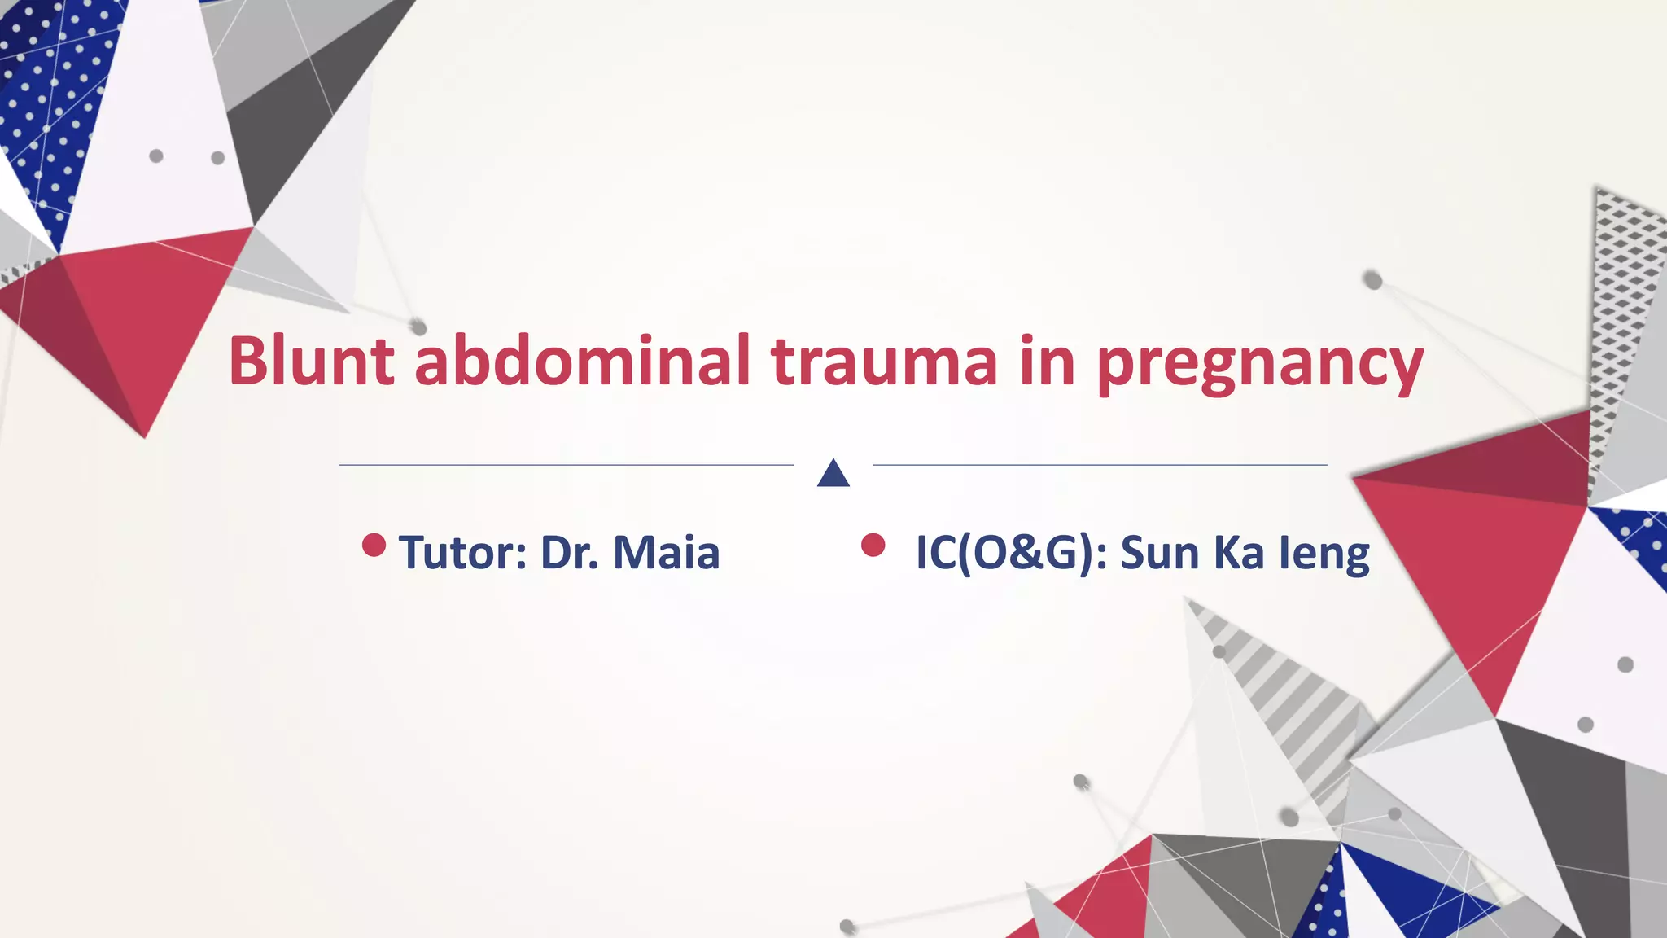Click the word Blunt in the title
[x=311, y=361]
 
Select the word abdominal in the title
[x=582, y=361]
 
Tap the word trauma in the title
[x=883, y=361]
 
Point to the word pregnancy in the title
[x=1259, y=365]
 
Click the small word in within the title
[x=1046, y=361]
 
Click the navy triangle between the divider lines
[x=833, y=475]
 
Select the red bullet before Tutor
[x=374, y=546]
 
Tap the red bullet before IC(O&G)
[x=873, y=546]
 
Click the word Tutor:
[x=462, y=553]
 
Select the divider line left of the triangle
[x=566, y=465]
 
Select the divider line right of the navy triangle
[x=1099, y=465]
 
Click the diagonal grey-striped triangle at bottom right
[x=1286, y=700]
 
